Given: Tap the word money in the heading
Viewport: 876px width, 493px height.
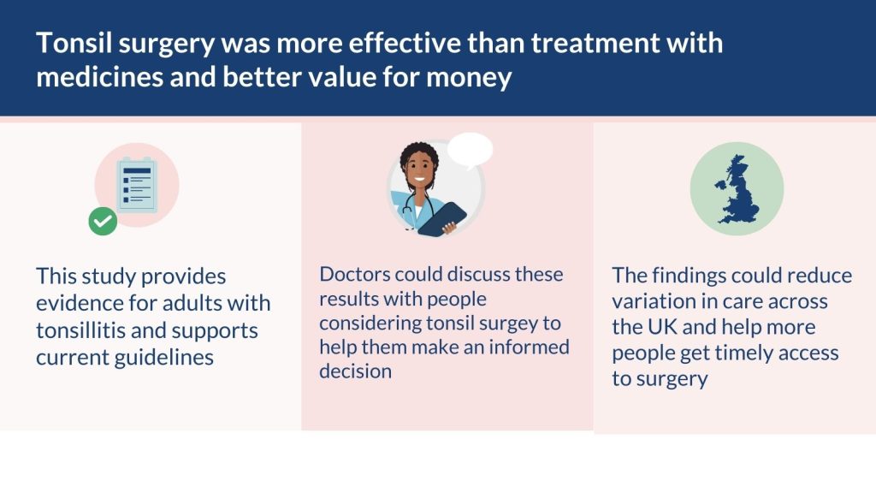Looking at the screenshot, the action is (469, 79).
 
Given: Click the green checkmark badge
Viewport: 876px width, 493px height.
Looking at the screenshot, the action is (103, 222).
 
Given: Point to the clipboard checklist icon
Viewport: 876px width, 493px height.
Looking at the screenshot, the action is (137, 185).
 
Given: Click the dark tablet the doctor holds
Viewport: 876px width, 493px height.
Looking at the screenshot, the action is (442, 219).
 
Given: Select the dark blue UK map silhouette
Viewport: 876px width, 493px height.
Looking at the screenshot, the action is (737, 189).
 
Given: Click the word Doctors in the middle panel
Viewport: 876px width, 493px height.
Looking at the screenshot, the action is (355, 275).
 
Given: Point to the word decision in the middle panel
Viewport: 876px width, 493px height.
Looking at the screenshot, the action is (355, 371).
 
